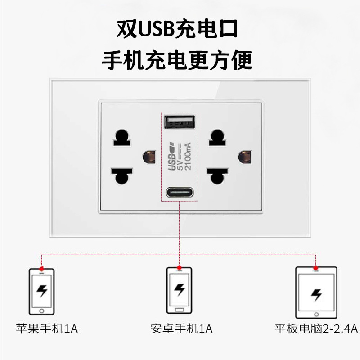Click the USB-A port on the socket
[x=180, y=121]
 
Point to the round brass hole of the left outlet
[x=147, y=157]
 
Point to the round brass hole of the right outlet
[x=244, y=157]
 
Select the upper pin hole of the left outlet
[x=121, y=136]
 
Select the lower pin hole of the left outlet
[x=121, y=176]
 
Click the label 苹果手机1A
[x=47, y=328]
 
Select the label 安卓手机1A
[x=182, y=328]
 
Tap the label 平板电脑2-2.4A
[x=316, y=328]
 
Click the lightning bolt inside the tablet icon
[x=316, y=294]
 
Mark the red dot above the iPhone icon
[x=41, y=267]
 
